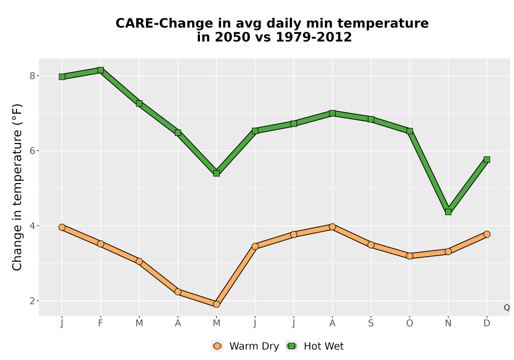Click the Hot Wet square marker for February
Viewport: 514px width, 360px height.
coord(101,70)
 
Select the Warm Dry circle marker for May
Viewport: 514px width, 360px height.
coord(216,304)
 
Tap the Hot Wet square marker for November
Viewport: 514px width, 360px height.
coord(448,212)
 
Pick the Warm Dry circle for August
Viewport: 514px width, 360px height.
coord(333,227)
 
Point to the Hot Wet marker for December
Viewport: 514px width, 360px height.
coord(487,159)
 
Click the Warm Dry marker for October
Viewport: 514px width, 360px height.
coord(410,256)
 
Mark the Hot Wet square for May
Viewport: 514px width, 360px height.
coord(216,173)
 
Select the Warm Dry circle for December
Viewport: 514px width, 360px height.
coord(487,234)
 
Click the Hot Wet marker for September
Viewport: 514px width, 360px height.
coord(371,119)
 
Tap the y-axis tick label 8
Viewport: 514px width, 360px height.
coord(32,76)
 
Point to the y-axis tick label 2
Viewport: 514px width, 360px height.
coord(32,301)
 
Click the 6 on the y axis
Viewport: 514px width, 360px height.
coord(32,151)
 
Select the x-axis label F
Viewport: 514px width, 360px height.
coord(101,323)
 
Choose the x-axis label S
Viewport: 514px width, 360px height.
coord(371,323)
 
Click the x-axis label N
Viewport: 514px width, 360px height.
coord(448,323)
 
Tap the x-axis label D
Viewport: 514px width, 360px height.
coord(487,323)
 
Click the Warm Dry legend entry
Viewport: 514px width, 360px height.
coord(245,346)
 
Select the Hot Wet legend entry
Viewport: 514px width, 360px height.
coord(315,346)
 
